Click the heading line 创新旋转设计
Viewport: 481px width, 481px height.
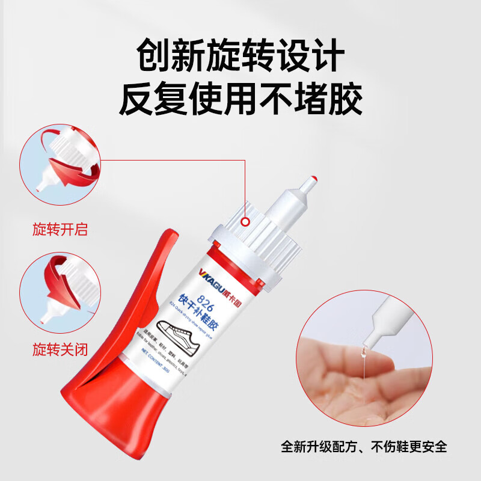pos(240,55)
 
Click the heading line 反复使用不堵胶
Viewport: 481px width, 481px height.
pos(240,99)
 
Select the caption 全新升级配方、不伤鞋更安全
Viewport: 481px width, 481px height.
pos(364,447)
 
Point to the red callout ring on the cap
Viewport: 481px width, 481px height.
pos(245,222)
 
